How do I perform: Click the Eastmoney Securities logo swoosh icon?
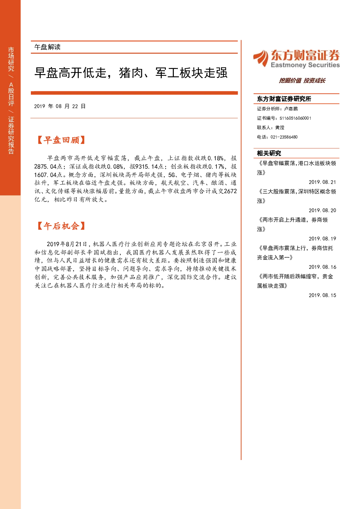[261, 58]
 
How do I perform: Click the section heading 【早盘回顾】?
[61, 140]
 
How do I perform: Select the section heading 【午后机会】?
[61, 226]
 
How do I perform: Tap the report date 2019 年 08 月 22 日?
[60, 106]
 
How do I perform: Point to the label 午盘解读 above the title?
[48, 47]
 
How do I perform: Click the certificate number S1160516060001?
[295, 118]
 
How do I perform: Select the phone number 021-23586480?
[284, 137]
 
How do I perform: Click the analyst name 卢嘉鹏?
[291, 109]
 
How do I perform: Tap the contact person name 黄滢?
[279, 128]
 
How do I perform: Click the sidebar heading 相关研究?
[269, 153]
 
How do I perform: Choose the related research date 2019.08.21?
[322, 182]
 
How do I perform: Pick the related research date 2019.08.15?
[322, 295]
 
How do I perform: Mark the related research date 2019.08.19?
[322, 239]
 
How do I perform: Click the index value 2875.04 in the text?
[45, 167]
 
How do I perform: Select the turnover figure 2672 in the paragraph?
[230, 191]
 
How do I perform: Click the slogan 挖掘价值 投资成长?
[302, 81]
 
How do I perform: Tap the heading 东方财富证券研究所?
[284, 99]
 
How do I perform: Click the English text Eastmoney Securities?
[305, 65]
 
